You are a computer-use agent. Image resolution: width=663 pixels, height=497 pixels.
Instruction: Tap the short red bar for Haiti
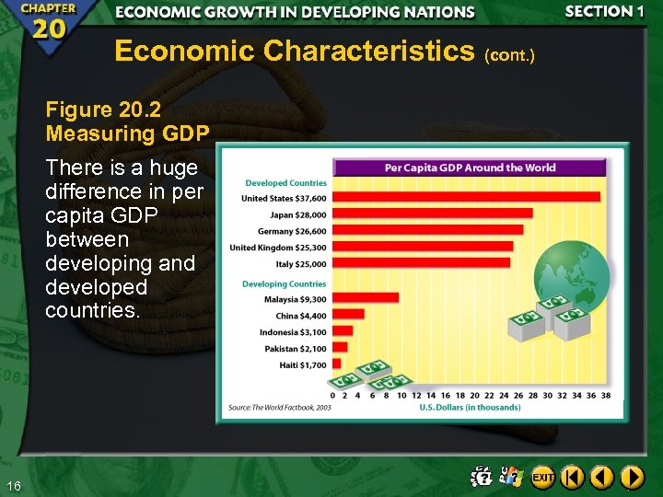click(336, 364)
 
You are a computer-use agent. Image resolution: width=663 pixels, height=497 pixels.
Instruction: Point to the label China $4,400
click(300, 316)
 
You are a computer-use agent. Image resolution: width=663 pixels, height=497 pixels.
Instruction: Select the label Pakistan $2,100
click(294, 349)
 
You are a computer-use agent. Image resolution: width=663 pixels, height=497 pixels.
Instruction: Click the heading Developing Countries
click(284, 283)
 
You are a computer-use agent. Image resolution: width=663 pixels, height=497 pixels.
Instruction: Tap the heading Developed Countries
click(285, 183)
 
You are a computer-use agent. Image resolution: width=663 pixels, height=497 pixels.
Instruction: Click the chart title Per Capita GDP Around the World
click(470, 168)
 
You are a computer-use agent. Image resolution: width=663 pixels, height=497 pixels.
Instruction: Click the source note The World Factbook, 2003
click(280, 407)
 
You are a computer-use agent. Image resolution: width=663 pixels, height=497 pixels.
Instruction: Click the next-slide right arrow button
click(632, 477)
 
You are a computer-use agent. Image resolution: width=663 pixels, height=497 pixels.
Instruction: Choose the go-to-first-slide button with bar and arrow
click(573, 477)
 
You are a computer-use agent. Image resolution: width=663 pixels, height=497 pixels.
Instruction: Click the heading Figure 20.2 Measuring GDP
click(128, 121)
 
